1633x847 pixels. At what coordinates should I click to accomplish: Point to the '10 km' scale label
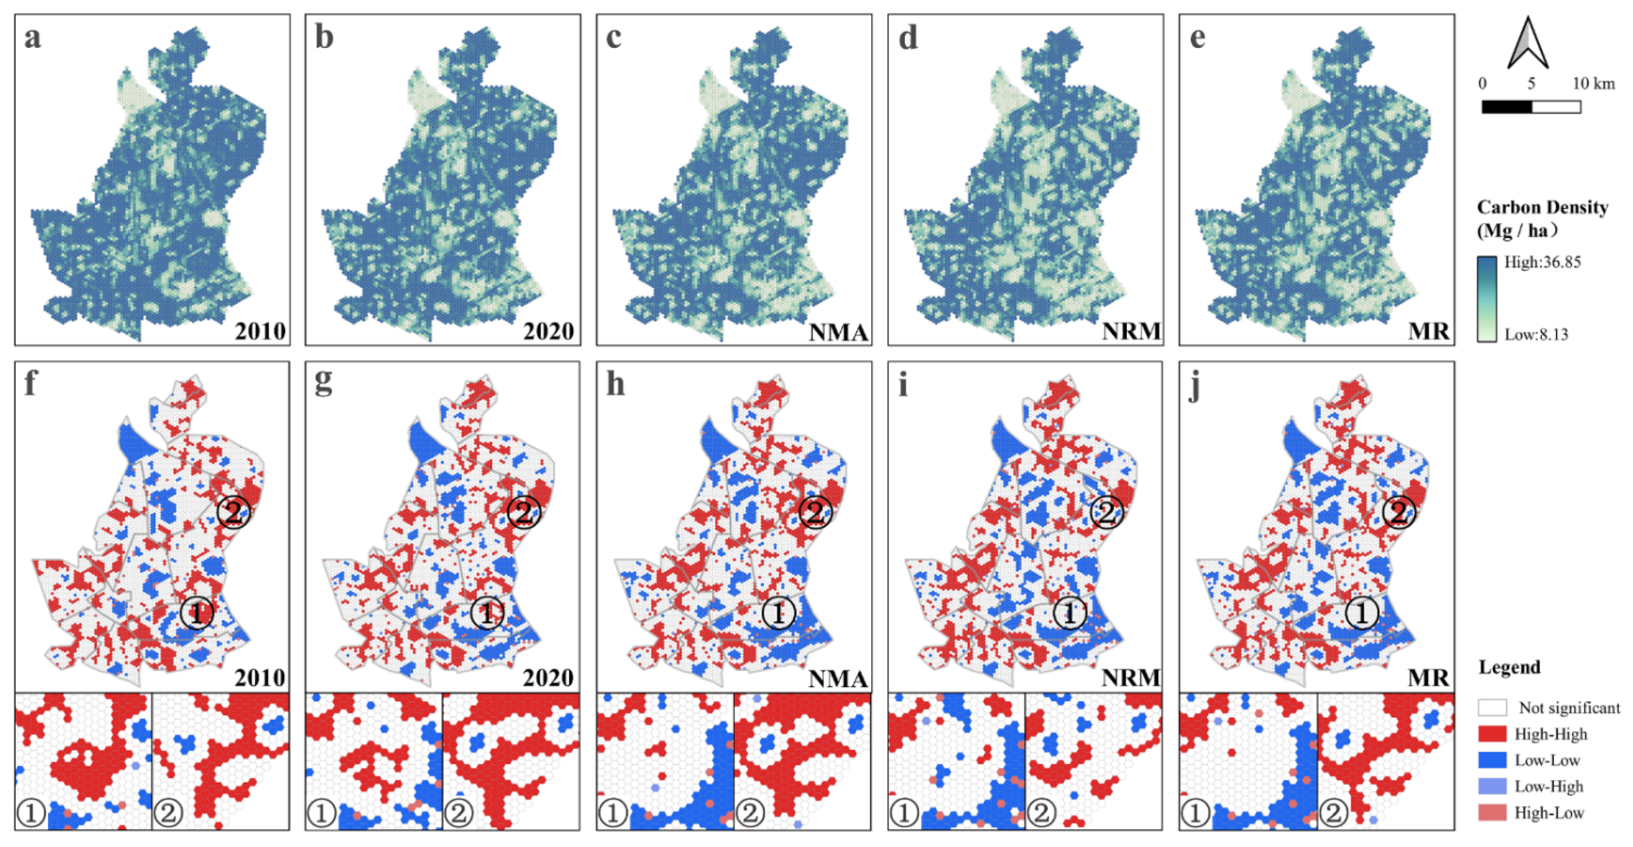[x=1593, y=84]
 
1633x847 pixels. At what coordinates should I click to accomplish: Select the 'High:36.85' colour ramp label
[x=1542, y=262]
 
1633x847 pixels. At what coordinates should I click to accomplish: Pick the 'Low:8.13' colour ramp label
[x=1536, y=334]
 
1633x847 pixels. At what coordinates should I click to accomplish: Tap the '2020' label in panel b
[x=548, y=331]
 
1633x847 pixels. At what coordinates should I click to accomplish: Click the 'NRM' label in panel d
[x=1131, y=331]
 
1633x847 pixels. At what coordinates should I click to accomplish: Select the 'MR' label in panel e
[x=1428, y=331]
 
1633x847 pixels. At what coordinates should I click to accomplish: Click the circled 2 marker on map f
[x=233, y=512]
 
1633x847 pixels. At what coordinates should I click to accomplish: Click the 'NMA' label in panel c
[x=838, y=331]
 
